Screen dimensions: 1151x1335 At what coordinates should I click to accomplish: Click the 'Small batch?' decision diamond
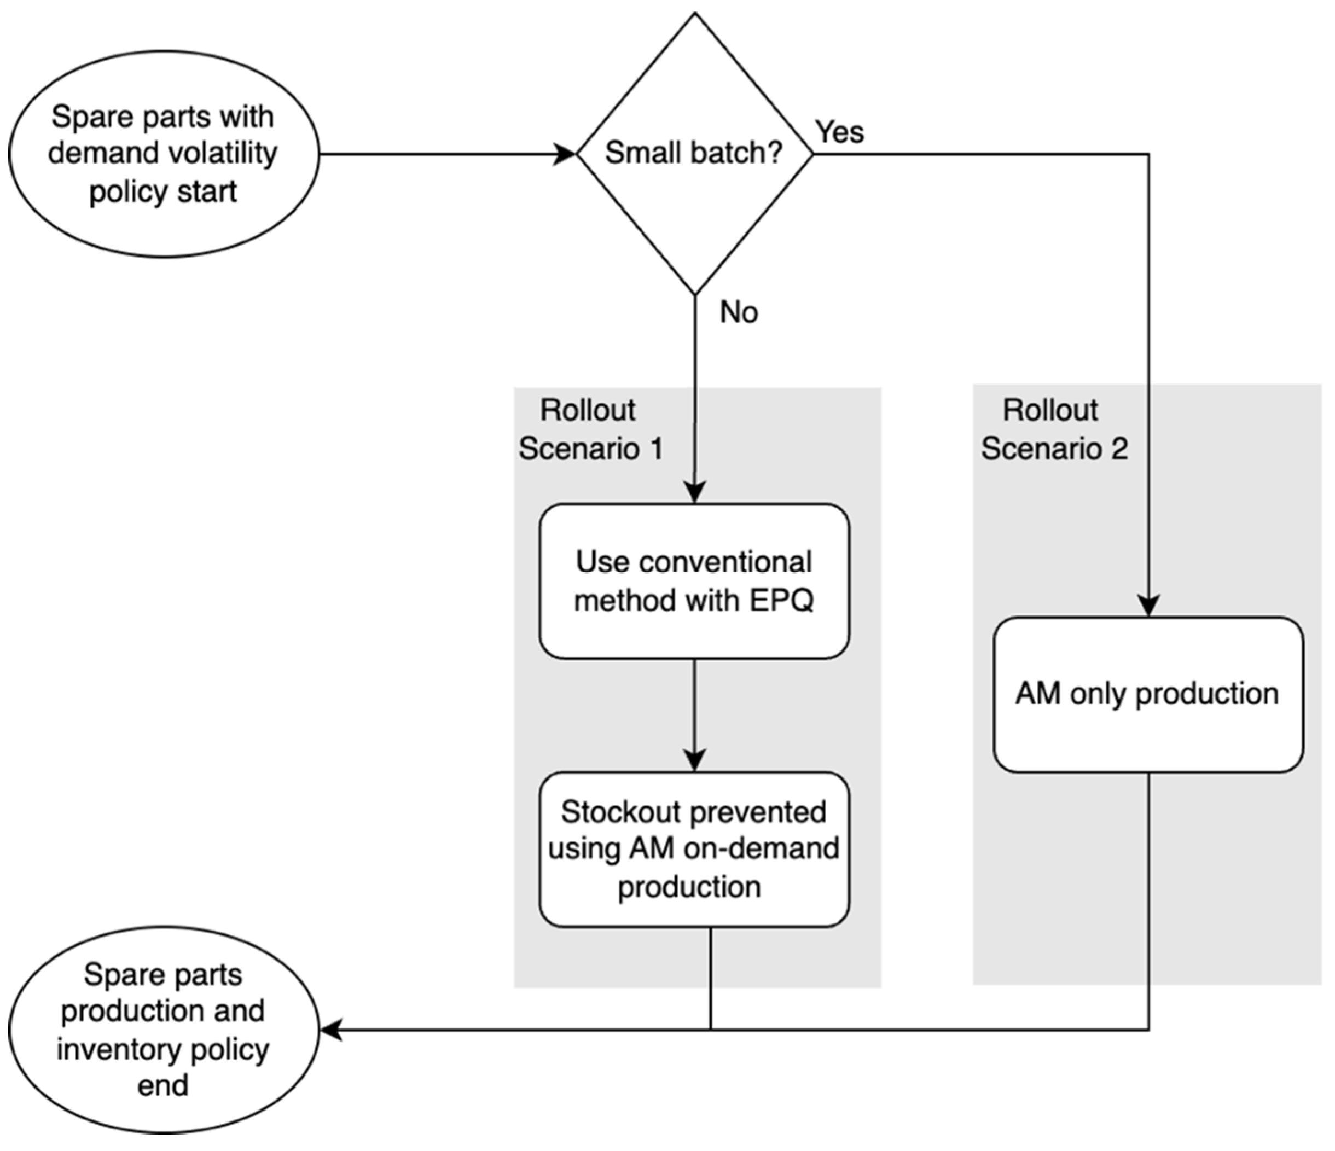coord(694,153)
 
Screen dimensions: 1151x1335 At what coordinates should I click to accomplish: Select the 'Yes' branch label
coord(839,132)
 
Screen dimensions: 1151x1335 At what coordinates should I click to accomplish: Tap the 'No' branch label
coord(739,312)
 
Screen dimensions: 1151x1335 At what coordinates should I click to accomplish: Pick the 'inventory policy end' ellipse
coord(164,1029)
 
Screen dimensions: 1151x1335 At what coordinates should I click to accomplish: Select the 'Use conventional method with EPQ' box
coord(694,581)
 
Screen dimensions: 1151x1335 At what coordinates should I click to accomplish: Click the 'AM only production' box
coord(1147,694)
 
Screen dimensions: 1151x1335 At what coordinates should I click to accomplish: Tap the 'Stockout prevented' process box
coord(694,849)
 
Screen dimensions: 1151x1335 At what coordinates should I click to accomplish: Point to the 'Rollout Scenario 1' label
coord(590,429)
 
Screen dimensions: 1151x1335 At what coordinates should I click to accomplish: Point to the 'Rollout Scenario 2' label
coord(1054,429)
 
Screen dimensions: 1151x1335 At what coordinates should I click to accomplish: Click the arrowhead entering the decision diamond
coord(566,155)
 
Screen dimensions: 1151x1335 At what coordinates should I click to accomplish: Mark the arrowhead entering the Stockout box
coord(694,760)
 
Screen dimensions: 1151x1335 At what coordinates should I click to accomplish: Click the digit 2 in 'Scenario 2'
coord(1119,448)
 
